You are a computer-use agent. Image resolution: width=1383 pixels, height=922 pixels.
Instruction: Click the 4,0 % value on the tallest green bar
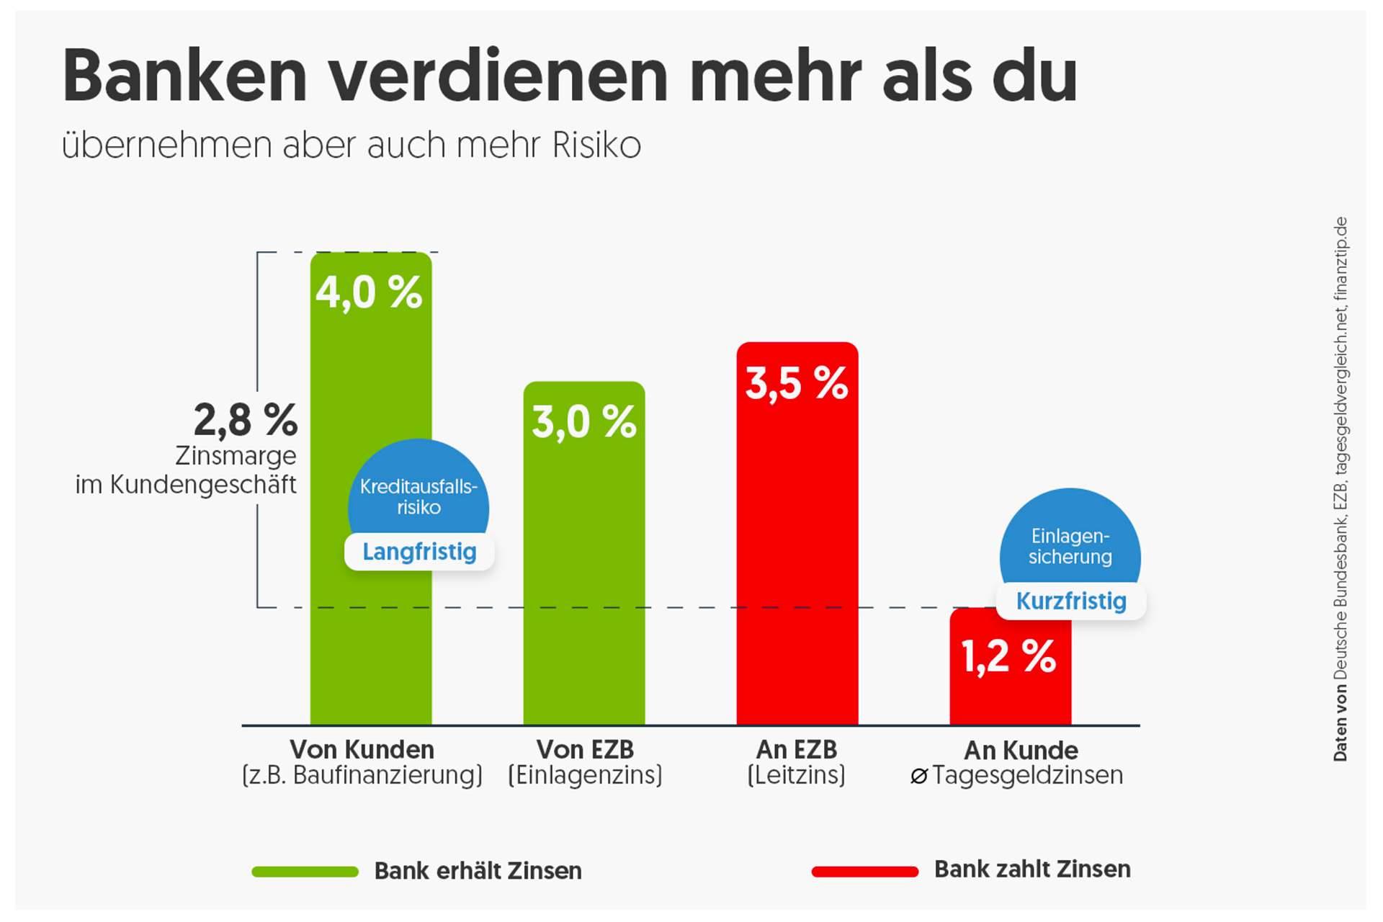click(369, 292)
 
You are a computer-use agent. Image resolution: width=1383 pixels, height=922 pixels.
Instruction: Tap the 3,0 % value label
click(583, 422)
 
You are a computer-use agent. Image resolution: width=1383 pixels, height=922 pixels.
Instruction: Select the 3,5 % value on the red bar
click(797, 383)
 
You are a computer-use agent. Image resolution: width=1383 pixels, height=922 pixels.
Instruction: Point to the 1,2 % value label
click(1008, 657)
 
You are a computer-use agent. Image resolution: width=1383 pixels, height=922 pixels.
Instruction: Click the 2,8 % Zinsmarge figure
click(246, 421)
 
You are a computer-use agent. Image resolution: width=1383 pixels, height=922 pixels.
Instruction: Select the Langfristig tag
click(419, 552)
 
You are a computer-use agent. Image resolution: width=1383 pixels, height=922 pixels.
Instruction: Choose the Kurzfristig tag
click(1071, 601)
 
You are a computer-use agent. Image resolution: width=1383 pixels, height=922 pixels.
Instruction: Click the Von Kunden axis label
click(362, 750)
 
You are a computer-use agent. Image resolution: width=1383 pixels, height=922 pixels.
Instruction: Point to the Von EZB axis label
click(585, 750)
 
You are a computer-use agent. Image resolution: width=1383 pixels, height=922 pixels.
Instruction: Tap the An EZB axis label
click(797, 750)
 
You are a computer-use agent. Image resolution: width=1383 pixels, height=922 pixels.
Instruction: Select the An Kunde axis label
click(1021, 751)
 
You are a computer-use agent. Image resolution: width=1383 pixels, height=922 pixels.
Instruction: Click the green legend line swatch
click(305, 872)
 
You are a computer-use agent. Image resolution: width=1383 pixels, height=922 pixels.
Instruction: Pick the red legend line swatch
click(864, 872)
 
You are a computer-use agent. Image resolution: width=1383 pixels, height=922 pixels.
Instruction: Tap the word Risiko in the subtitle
click(596, 146)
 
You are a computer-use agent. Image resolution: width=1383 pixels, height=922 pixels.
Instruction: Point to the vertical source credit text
click(1340, 490)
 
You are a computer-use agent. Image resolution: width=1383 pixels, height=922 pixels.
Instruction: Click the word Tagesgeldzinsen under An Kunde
click(1027, 776)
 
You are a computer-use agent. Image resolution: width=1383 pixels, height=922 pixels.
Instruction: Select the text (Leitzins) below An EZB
click(797, 776)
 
